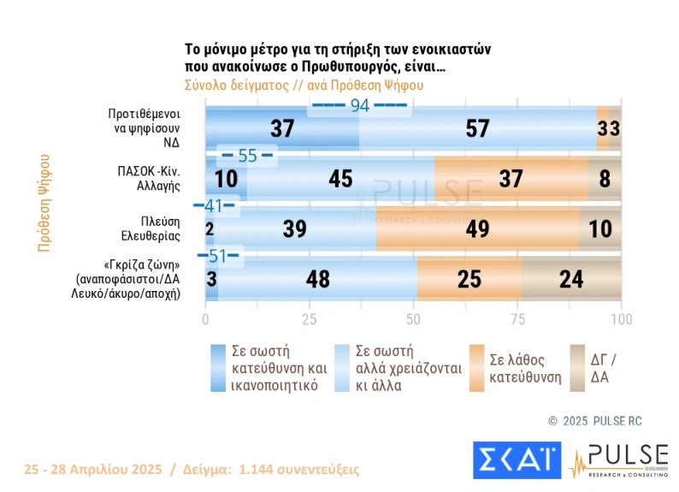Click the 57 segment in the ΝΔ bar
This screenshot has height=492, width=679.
(477, 128)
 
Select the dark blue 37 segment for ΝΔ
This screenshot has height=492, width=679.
(282, 128)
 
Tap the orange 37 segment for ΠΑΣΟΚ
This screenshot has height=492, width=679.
(511, 179)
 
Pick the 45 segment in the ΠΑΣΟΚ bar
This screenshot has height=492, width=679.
(340, 179)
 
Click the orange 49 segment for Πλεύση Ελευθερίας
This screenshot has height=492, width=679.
(478, 228)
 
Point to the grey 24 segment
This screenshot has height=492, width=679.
(571, 279)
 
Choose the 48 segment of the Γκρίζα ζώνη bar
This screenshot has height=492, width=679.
(317, 279)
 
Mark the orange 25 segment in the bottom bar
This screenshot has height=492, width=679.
(469, 279)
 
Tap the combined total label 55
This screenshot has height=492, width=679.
(247, 156)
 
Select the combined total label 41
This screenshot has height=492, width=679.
(214, 205)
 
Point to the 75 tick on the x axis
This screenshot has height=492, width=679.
(517, 319)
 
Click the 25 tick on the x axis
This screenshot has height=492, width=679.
(309, 319)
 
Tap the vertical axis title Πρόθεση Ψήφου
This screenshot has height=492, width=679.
(44, 203)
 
